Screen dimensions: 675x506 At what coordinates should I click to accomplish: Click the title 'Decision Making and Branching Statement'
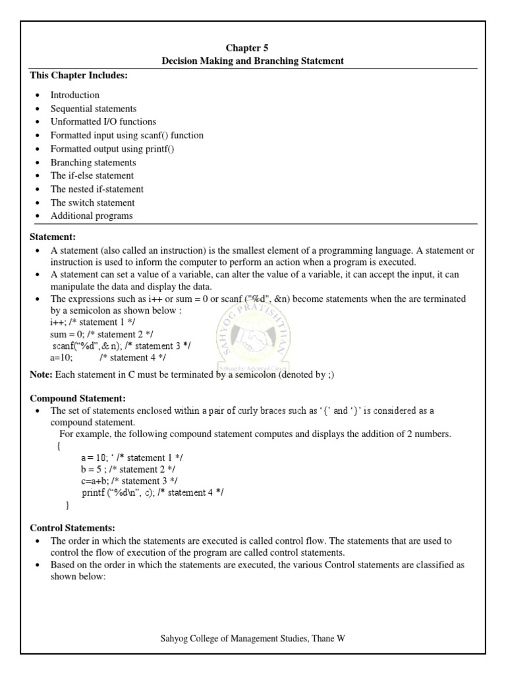(252, 61)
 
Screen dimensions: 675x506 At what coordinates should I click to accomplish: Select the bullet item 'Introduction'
(75, 95)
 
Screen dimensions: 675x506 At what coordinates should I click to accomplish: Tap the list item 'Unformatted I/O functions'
(103, 122)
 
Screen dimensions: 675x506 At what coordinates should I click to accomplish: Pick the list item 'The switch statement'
(92, 203)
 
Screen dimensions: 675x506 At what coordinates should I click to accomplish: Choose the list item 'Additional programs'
(92, 216)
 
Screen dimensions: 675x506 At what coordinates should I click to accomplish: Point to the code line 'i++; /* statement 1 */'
(91, 322)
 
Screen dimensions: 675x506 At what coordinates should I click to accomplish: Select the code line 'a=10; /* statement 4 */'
(107, 358)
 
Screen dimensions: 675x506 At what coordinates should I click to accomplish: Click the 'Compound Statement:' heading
(78, 398)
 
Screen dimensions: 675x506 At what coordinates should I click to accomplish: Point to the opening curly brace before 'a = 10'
(59, 446)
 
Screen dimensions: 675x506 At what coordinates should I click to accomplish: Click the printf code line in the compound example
(152, 493)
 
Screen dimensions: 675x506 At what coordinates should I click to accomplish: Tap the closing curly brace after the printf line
(67, 505)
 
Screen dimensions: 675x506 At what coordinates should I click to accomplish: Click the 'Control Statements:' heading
(72, 528)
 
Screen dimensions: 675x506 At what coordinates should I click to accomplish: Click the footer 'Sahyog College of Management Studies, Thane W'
(252, 639)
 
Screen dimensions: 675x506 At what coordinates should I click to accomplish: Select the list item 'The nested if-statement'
(97, 189)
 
